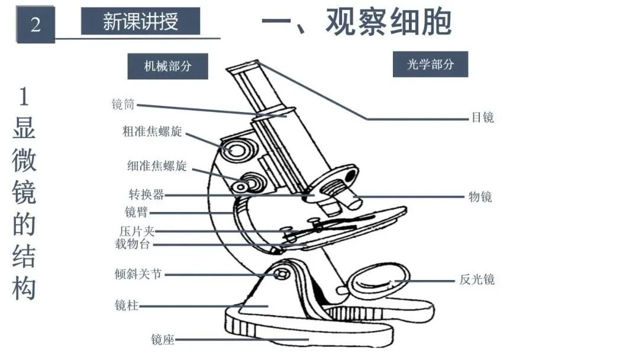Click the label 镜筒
click(x=123, y=105)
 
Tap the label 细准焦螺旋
click(x=157, y=166)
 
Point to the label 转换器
click(x=146, y=195)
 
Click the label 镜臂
click(x=137, y=212)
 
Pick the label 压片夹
click(x=137, y=232)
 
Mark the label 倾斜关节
click(x=138, y=275)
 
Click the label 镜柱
click(x=126, y=306)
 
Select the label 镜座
click(x=163, y=340)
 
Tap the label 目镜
click(x=482, y=118)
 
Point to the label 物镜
click(x=480, y=197)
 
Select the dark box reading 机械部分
click(x=168, y=66)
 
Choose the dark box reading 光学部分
click(x=430, y=65)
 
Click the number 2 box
click(x=35, y=25)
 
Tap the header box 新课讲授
click(x=140, y=22)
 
